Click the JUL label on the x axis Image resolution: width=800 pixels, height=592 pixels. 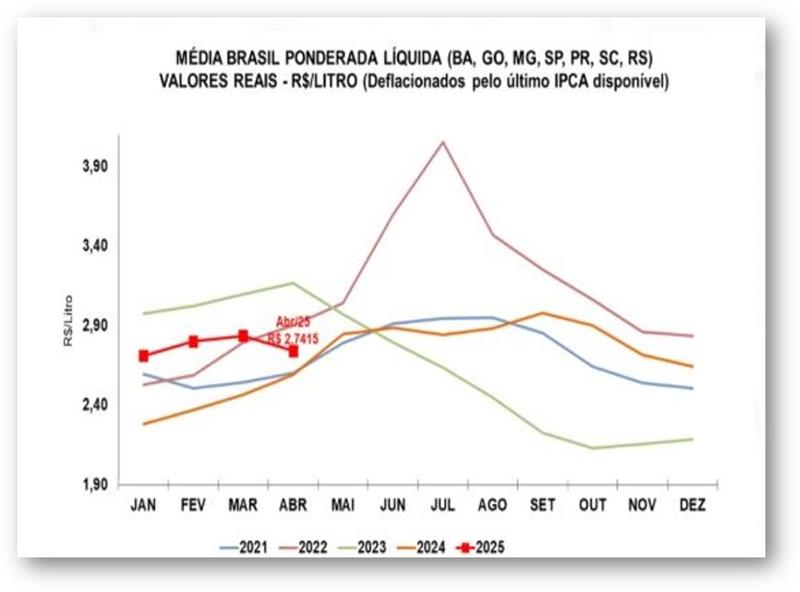click(442, 506)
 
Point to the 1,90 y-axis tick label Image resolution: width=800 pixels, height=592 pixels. click(95, 485)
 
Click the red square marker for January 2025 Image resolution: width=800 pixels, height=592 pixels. click(144, 356)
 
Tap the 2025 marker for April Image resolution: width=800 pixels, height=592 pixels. click(293, 351)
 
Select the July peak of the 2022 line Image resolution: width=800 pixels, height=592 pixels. click(442, 142)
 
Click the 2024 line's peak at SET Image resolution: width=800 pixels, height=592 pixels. click(542, 313)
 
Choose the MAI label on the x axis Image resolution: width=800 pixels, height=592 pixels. click(343, 506)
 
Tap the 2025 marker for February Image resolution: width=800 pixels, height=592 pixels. click(194, 341)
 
